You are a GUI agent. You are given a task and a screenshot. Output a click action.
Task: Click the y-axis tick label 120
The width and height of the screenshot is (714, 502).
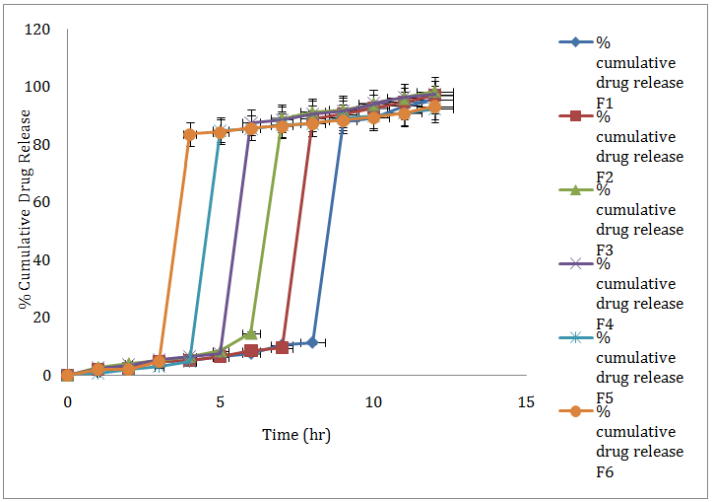click(x=38, y=30)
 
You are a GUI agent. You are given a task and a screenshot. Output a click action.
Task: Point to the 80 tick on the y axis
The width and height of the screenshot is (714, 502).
click(x=42, y=145)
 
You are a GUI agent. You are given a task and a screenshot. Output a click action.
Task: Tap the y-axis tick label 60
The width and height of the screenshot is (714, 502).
click(x=42, y=202)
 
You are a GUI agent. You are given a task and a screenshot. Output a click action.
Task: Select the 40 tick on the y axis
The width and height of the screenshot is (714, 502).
click(x=42, y=260)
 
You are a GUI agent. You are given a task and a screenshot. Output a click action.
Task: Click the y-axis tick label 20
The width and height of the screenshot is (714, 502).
click(x=42, y=318)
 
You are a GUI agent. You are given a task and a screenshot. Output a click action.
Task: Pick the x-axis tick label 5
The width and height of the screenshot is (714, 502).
click(x=220, y=402)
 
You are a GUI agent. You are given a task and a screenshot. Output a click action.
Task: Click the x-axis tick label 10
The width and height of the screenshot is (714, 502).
click(x=373, y=402)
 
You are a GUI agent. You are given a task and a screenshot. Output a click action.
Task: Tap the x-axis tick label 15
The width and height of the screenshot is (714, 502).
click(x=526, y=402)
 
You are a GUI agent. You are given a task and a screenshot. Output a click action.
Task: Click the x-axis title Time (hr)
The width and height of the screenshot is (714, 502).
click(x=296, y=434)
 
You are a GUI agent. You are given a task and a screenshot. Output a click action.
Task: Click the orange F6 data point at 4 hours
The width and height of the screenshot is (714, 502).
click(x=190, y=134)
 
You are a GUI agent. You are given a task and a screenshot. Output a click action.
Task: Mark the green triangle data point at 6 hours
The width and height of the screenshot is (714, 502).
click(x=251, y=333)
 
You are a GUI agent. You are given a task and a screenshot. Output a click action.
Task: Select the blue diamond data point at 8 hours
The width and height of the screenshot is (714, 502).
click(x=312, y=342)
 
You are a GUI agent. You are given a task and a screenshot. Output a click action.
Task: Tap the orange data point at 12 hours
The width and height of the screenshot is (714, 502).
click(x=434, y=108)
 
